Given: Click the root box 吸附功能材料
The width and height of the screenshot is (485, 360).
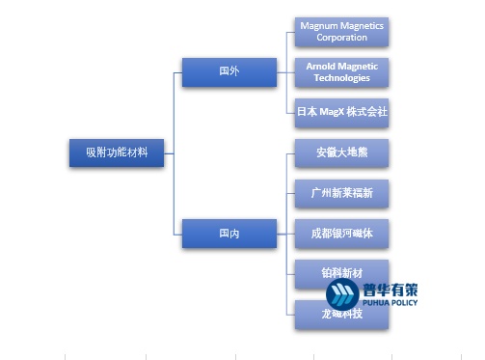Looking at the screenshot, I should pos(117,152).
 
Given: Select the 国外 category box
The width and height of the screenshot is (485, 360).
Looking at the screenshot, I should pos(229,71).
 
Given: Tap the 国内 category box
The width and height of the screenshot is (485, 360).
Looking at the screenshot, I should pos(229,233).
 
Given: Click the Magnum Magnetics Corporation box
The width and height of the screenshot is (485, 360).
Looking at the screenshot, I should pos(342,31).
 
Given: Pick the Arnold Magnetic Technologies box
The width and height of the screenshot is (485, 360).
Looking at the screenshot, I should pos(342,71).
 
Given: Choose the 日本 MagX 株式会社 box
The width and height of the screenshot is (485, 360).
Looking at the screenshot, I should pos(342,112).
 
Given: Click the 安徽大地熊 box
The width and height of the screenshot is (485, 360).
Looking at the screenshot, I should pos(342,152).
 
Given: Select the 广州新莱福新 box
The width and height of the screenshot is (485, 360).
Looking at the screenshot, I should pos(342,193).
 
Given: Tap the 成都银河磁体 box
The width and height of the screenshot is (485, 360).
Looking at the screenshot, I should pos(342,234).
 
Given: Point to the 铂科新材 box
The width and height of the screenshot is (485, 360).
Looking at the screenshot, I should pos(342,269).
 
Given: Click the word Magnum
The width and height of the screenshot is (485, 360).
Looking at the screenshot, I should pos(320,25).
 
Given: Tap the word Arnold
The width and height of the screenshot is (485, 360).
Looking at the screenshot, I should pos(323,66).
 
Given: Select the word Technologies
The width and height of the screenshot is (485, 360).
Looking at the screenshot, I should pos(342,77).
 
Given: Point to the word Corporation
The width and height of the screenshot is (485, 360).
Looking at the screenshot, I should pos(342,37).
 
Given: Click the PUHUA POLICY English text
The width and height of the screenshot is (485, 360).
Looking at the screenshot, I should pos(390,299).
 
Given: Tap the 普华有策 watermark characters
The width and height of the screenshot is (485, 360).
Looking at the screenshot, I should pos(390,288).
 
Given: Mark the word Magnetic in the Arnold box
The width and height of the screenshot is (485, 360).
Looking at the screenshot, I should pos(359,66).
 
